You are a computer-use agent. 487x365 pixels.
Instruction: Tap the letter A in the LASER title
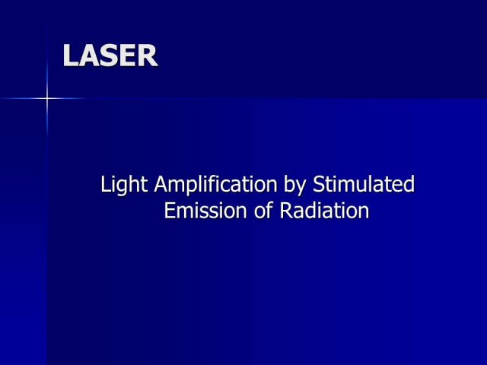point(88,56)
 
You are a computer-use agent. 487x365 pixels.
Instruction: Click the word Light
point(124,185)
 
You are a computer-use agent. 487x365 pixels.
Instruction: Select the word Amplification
point(215,185)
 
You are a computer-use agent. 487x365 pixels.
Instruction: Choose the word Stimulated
point(364,184)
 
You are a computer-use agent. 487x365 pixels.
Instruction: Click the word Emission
point(205,211)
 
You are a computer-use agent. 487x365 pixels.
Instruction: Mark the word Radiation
point(325,211)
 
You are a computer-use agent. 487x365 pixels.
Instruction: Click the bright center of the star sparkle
point(47,98)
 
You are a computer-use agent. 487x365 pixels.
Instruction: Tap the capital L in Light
point(107,184)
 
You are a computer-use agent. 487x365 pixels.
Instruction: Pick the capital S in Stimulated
point(320,184)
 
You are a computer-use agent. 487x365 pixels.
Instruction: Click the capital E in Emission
point(170,211)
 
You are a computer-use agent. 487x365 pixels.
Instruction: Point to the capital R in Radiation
point(287,211)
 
